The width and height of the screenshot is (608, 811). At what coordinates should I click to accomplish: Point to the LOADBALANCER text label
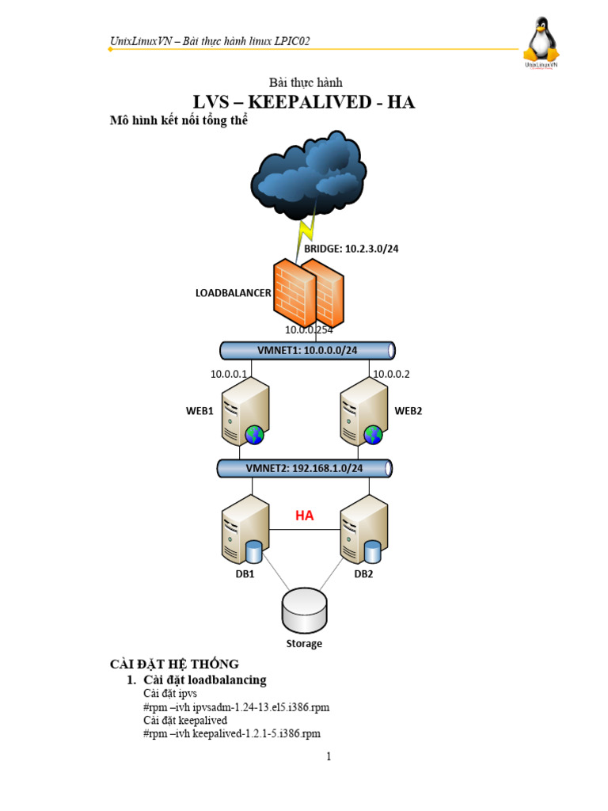click(233, 292)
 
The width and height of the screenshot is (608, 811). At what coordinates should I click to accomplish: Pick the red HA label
click(305, 516)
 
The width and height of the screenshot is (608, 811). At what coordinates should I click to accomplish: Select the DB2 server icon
click(363, 530)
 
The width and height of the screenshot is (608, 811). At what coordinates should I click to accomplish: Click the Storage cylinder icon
click(304, 610)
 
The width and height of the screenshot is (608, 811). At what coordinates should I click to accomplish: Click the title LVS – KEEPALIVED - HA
click(305, 102)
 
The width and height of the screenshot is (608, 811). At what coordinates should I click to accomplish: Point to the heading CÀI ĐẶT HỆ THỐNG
click(173, 664)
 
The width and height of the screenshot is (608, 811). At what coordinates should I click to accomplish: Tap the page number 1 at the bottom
click(329, 756)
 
